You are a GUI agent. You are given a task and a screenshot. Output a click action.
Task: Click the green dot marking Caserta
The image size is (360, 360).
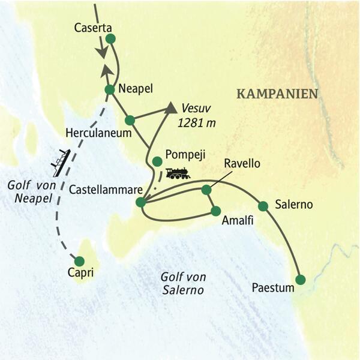(x=110, y=40)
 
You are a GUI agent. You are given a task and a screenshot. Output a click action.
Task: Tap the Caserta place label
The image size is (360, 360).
(x=93, y=28)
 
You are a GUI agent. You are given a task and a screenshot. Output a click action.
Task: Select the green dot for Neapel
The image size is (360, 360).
(x=110, y=90)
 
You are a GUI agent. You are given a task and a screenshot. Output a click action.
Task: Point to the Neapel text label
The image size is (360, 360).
(x=136, y=88)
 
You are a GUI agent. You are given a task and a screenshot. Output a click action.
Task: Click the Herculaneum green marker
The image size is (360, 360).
(x=130, y=119)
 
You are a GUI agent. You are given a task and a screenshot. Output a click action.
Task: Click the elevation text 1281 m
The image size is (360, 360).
(x=197, y=122)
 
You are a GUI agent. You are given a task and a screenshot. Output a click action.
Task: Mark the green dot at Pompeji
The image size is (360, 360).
(x=157, y=161)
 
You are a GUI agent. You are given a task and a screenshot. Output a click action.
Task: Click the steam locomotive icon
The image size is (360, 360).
(x=178, y=173)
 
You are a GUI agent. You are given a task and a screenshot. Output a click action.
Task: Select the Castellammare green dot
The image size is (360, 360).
(x=140, y=203)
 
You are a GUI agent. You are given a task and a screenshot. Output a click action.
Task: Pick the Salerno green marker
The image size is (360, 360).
(x=262, y=206)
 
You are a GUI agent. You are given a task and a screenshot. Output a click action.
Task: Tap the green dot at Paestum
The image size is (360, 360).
(x=300, y=279)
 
